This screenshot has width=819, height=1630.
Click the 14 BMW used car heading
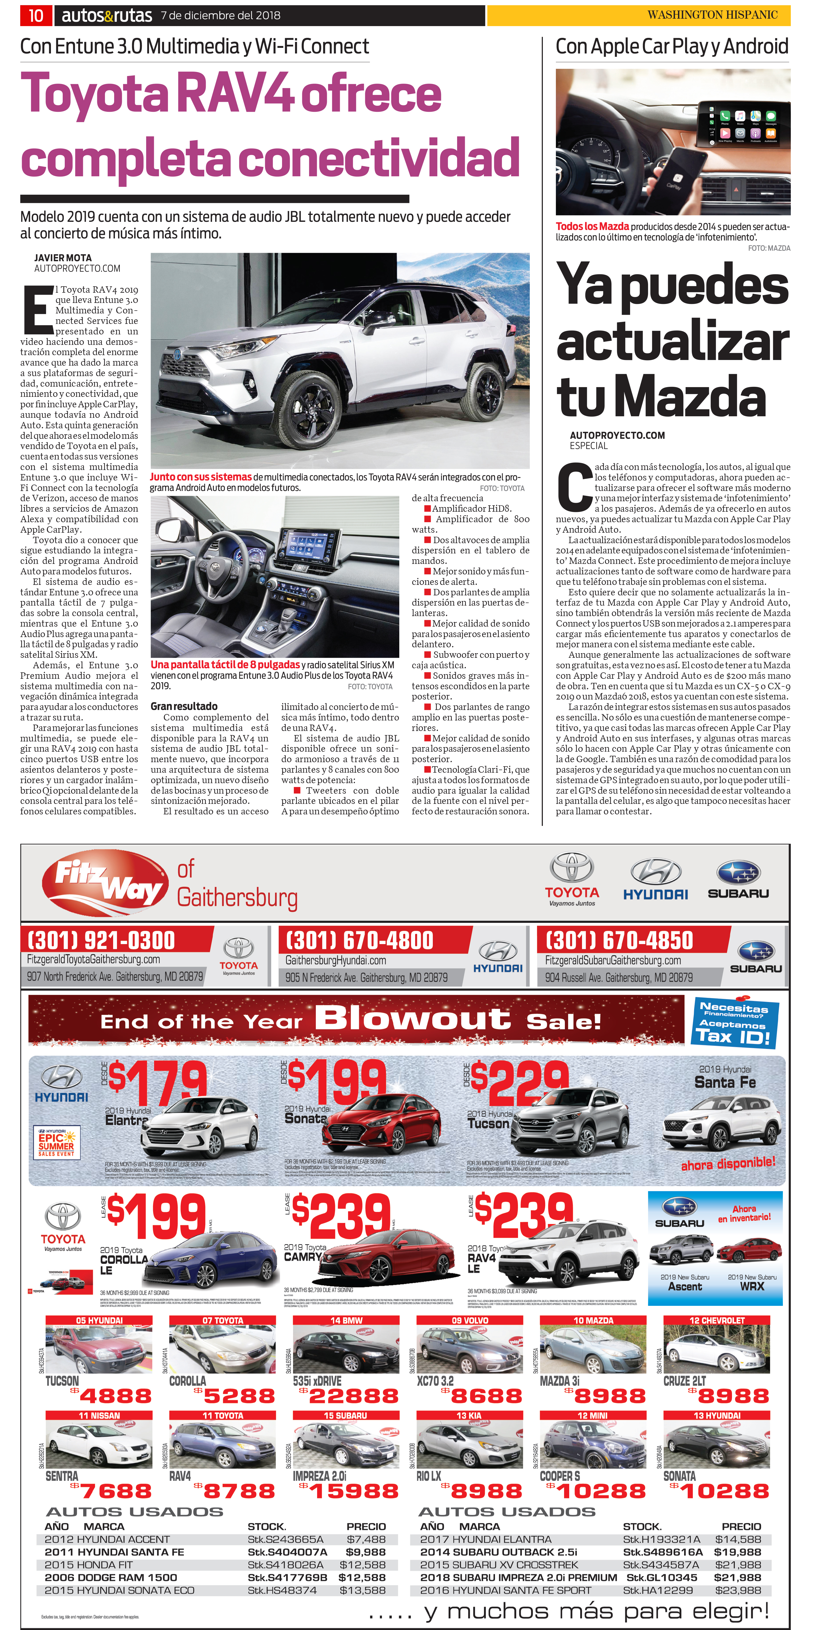pos(346,1321)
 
